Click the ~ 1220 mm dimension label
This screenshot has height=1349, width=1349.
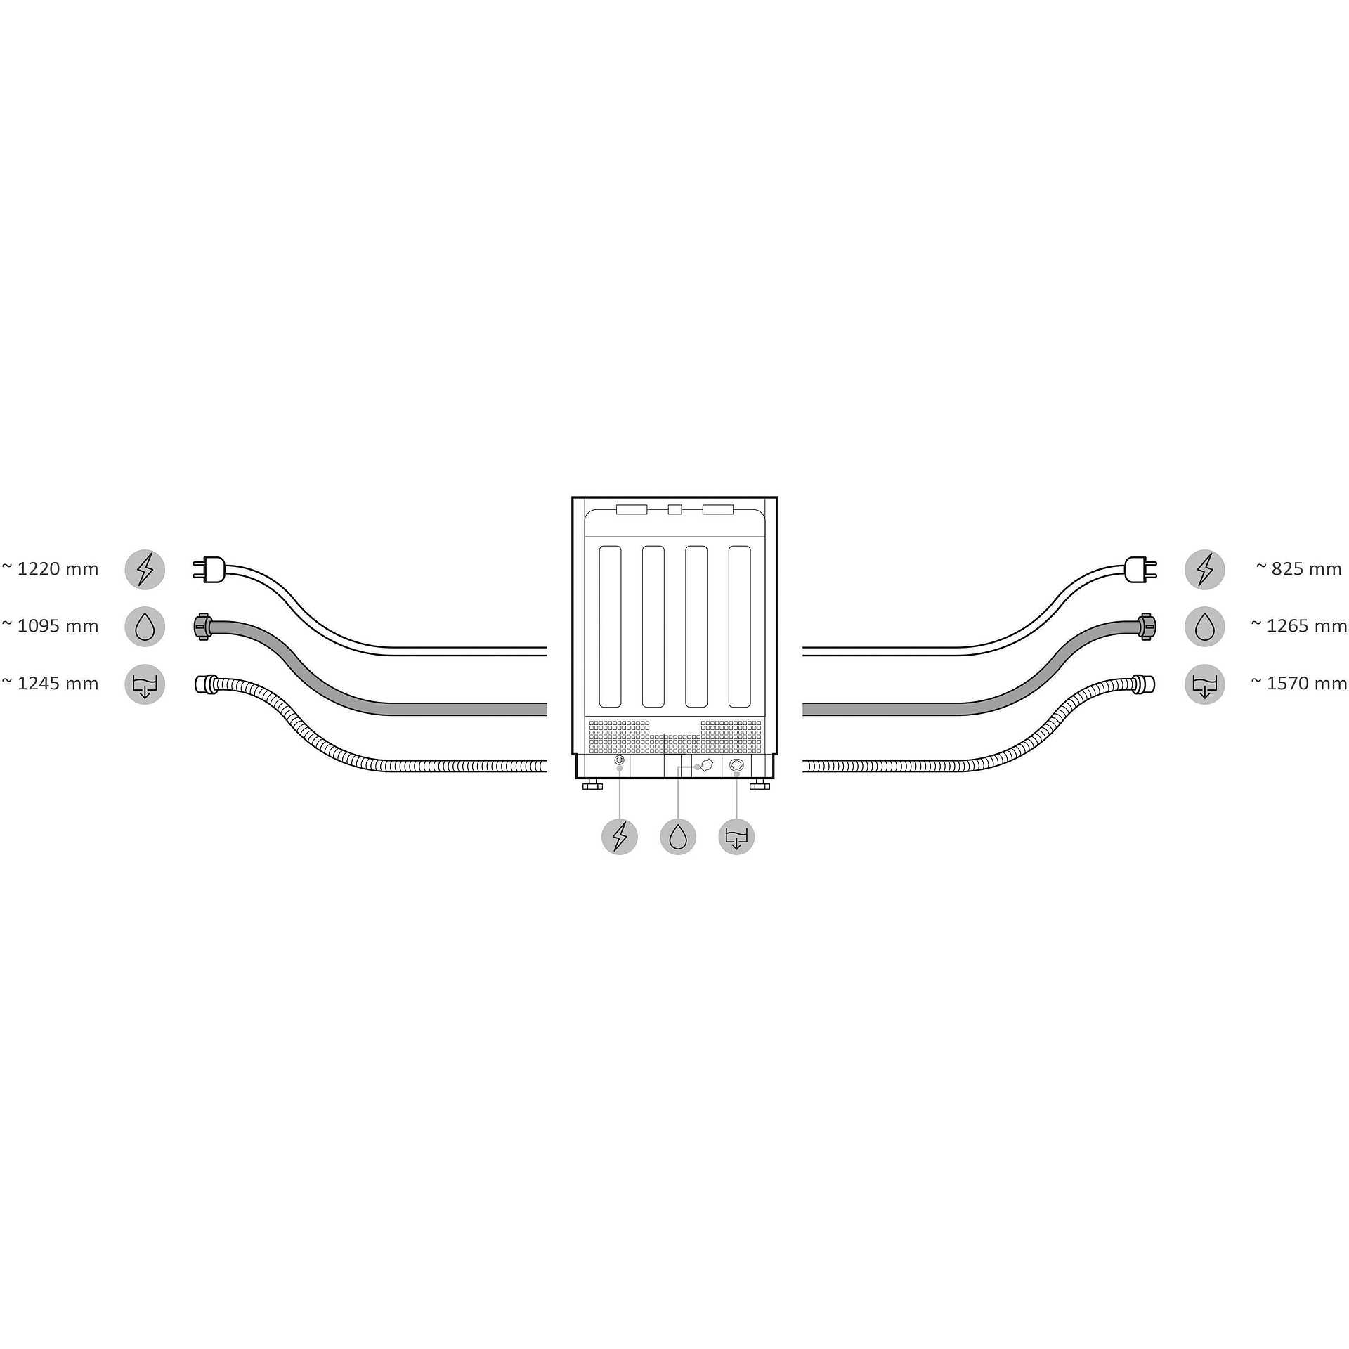[50, 569]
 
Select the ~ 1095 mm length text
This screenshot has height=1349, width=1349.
[50, 626]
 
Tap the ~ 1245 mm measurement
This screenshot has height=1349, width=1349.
[50, 684]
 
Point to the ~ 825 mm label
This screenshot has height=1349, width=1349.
[1299, 569]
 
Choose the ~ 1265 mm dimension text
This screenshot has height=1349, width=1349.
[1299, 626]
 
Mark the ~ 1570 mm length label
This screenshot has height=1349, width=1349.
[1299, 684]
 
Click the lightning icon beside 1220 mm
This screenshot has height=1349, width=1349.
[145, 569]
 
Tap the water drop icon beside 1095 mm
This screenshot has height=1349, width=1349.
[145, 627]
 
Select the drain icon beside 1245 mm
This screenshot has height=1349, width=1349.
[145, 684]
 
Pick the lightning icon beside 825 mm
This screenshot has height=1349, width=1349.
[1204, 569]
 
